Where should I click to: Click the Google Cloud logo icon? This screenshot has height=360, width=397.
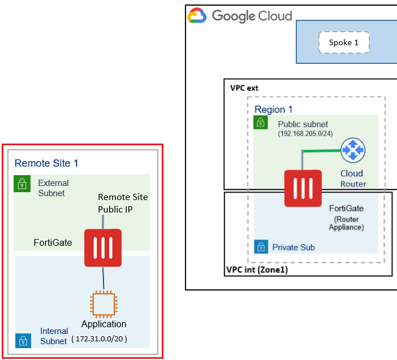197,16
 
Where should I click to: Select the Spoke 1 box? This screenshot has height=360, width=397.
344,42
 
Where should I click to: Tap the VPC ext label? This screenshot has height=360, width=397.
244,88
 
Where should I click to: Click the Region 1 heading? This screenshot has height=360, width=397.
274,109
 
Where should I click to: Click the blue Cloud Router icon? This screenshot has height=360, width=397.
353,151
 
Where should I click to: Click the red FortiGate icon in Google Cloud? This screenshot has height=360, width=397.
304,188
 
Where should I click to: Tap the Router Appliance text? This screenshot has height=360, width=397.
347,223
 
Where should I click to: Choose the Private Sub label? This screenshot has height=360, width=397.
294,247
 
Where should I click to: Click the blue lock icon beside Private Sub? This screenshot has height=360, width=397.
261,247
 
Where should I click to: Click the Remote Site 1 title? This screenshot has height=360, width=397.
46,163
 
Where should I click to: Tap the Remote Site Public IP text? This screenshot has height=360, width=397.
123,202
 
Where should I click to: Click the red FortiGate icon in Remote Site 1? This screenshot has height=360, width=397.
103,248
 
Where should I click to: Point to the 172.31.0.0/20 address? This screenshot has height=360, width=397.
99,339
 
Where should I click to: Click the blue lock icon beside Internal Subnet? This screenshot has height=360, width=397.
22,340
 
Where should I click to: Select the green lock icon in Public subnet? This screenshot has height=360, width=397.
260,122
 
